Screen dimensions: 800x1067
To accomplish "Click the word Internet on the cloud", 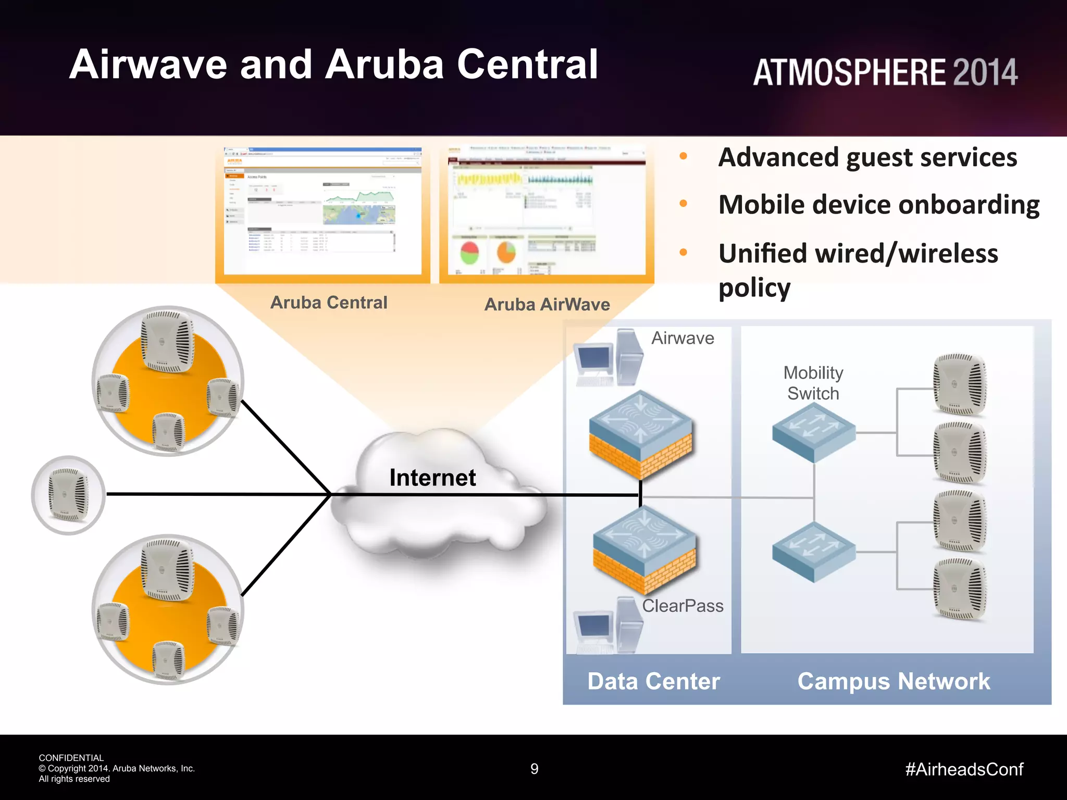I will (x=432, y=478).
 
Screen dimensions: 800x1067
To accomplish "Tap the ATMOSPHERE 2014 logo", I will (x=885, y=72).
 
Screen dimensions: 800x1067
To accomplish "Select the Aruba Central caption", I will (x=329, y=303).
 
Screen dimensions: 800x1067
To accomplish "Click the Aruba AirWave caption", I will (x=547, y=305).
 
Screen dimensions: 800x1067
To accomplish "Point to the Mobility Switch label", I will (x=813, y=383).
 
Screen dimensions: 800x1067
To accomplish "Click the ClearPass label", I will (x=683, y=606).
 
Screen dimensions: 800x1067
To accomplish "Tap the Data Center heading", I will (x=653, y=681).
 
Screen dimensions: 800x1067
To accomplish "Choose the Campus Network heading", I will (x=894, y=681).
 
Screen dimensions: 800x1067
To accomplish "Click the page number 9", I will (x=534, y=769).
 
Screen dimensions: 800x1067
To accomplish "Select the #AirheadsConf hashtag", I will (x=964, y=769).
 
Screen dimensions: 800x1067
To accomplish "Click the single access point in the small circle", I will (x=68, y=495).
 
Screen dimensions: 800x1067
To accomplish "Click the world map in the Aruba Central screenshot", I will (x=358, y=214).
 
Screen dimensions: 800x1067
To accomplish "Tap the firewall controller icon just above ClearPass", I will (x=644, y=549).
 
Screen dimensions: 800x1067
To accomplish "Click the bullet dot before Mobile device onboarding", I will (x=683, y=204).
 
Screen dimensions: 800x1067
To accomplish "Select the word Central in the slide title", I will (x=527, y=65).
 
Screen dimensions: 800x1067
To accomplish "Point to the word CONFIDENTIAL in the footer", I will (x=71, y=758).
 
